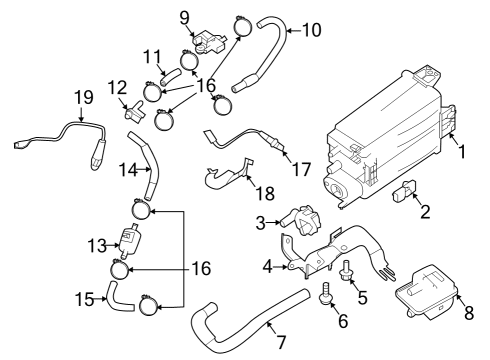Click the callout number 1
point(461,154)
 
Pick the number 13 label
point(95,245)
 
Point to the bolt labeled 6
point(327,296)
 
